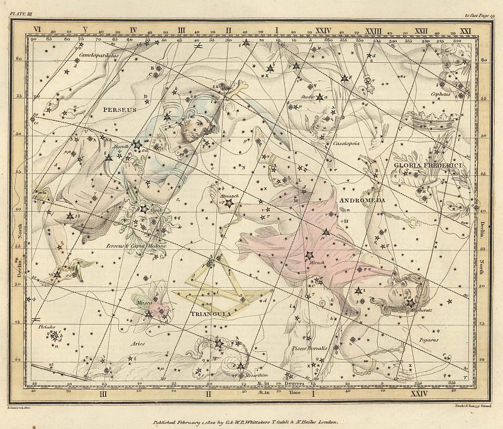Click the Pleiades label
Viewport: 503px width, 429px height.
(x=47, y=326)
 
